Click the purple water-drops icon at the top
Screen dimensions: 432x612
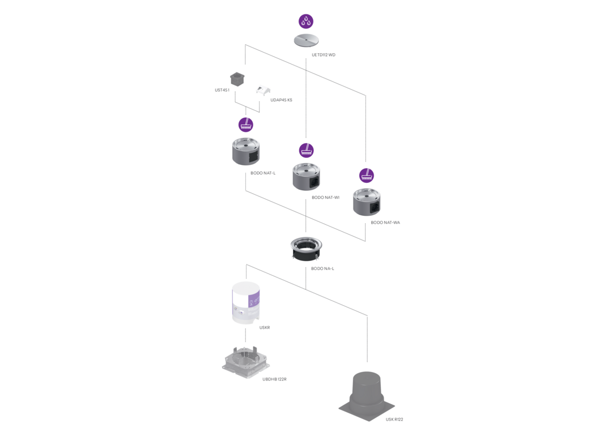coord(306,22)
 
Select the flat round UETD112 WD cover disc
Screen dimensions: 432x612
coord(306,41)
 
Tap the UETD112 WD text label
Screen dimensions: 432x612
coord(324,55)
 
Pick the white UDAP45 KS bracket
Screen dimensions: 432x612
coord(263,90)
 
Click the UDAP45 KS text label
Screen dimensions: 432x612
coord(281,100)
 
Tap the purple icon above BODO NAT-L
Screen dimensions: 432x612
coord(246,125)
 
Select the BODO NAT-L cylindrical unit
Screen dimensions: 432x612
coord(246,151)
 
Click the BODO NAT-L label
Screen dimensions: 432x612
coord(263,173)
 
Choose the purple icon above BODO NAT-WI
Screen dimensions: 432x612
coord(307,150)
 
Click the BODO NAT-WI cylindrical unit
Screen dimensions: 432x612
coord(307,177)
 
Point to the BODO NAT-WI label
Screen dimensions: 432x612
coord(325,198)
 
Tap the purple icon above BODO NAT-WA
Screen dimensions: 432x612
coord(367,176)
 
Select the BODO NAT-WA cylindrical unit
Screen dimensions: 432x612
coord(367,202)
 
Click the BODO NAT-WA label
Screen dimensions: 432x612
coord(385,223)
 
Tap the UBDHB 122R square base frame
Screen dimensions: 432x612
coord(245,361)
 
